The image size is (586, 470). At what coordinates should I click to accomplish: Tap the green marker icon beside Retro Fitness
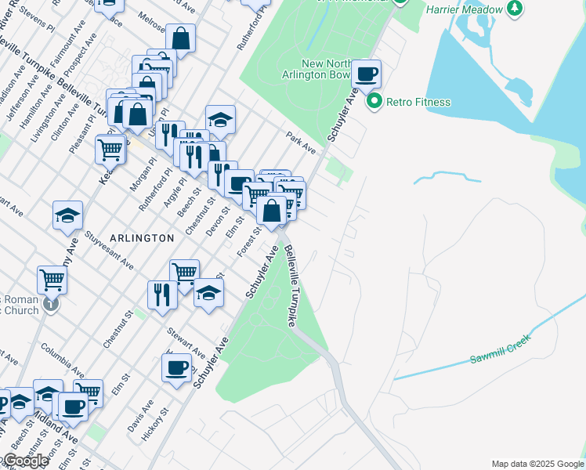point(374,101)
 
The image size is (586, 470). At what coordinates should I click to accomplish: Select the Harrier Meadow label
point(465,10)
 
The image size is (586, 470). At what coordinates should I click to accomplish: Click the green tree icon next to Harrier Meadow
point(514,9)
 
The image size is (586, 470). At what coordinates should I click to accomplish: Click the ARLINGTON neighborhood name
point(142,237)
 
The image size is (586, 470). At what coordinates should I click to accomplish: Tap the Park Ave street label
point(300,143)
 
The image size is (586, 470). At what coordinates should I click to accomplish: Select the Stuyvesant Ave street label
point(110,244)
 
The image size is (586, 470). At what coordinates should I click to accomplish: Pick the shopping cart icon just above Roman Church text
point(52,279)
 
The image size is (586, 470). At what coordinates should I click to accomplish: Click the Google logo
point(25,461)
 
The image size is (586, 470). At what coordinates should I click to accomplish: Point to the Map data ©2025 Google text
point(537,464)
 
